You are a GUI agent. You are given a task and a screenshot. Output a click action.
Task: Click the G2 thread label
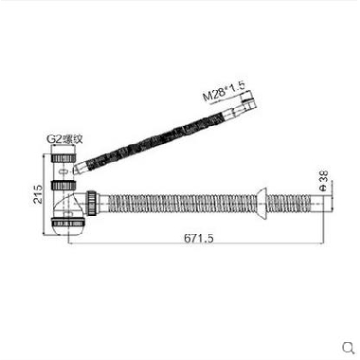(64, 139)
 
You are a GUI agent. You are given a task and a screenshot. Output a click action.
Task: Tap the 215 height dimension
(38, 194)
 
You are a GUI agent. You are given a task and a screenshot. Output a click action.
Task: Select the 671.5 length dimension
(199, 238)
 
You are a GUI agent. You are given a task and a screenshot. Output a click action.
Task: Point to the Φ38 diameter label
(324, 180)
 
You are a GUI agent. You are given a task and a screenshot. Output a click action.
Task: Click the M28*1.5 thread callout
(224, 92)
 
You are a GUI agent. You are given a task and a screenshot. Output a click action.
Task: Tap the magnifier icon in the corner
(349, 348)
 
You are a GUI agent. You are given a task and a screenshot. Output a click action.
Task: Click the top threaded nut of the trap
(63, 157)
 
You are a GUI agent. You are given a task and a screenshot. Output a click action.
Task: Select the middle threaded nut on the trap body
(63, 185)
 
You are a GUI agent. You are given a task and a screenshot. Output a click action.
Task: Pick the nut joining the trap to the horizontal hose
(92, 204)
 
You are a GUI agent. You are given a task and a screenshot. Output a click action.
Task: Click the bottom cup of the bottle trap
(67, 225)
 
